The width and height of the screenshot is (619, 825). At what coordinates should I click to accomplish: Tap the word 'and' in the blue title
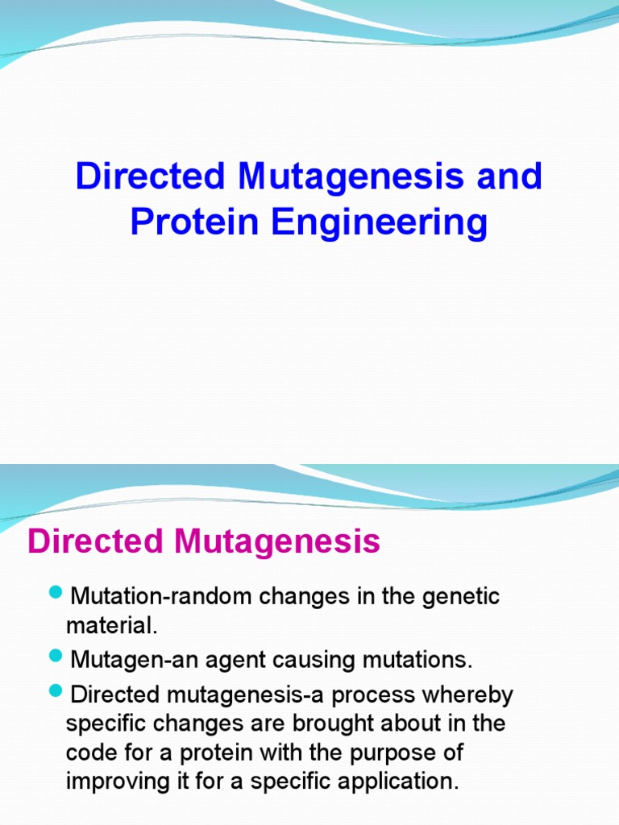509,176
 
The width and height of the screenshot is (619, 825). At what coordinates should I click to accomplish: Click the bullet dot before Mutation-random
56,593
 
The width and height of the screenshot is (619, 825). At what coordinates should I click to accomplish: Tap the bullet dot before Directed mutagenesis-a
56,690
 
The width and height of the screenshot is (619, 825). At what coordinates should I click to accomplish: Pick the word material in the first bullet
108,626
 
